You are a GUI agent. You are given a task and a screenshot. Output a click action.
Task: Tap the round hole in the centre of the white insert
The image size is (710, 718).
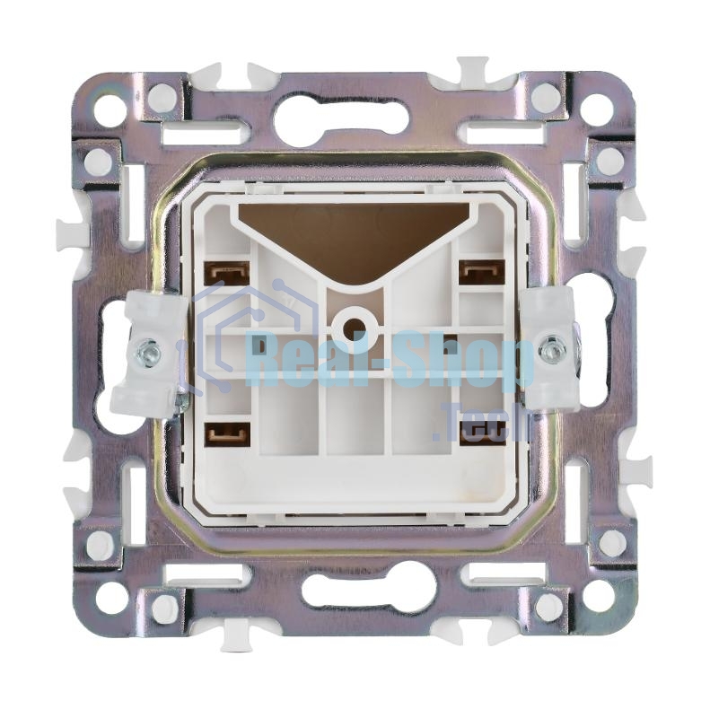click(355, 327)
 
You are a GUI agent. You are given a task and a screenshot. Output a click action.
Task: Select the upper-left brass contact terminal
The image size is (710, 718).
click(229, 273)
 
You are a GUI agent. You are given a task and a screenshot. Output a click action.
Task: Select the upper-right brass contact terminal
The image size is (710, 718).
click(482, 270)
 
